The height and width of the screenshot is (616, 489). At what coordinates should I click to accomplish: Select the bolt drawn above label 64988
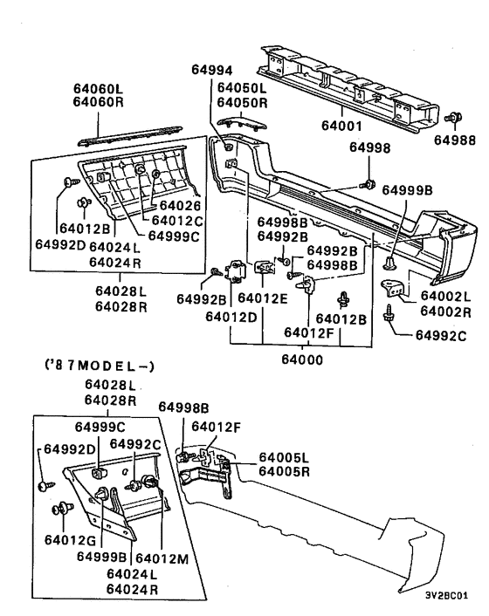tap(454, 118)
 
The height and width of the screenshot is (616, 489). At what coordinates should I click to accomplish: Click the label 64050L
tap(244, 89)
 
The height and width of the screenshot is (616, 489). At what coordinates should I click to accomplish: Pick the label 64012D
tap(231, 317)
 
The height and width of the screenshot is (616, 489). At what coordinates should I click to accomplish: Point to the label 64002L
tap(447, 297)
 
